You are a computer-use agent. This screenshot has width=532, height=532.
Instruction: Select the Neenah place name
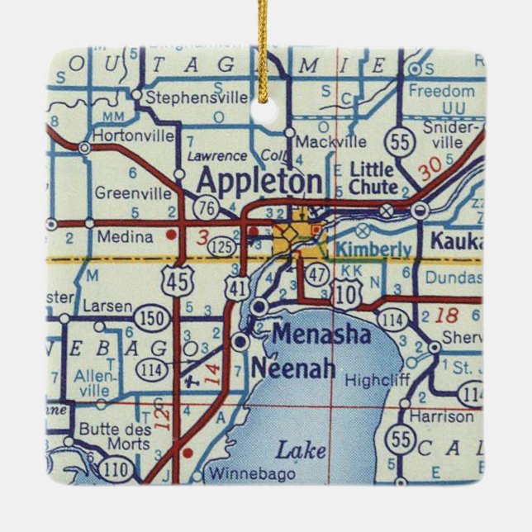[295, 368]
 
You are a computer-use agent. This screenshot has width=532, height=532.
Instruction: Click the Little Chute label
[374, 178]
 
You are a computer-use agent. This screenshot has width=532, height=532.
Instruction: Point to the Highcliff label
[372, 381]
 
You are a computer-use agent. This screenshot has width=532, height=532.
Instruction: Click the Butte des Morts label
[115, 437]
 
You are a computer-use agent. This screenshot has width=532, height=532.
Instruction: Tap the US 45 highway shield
[177, 282]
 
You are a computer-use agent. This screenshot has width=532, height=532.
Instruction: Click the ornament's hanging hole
[265, 109]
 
